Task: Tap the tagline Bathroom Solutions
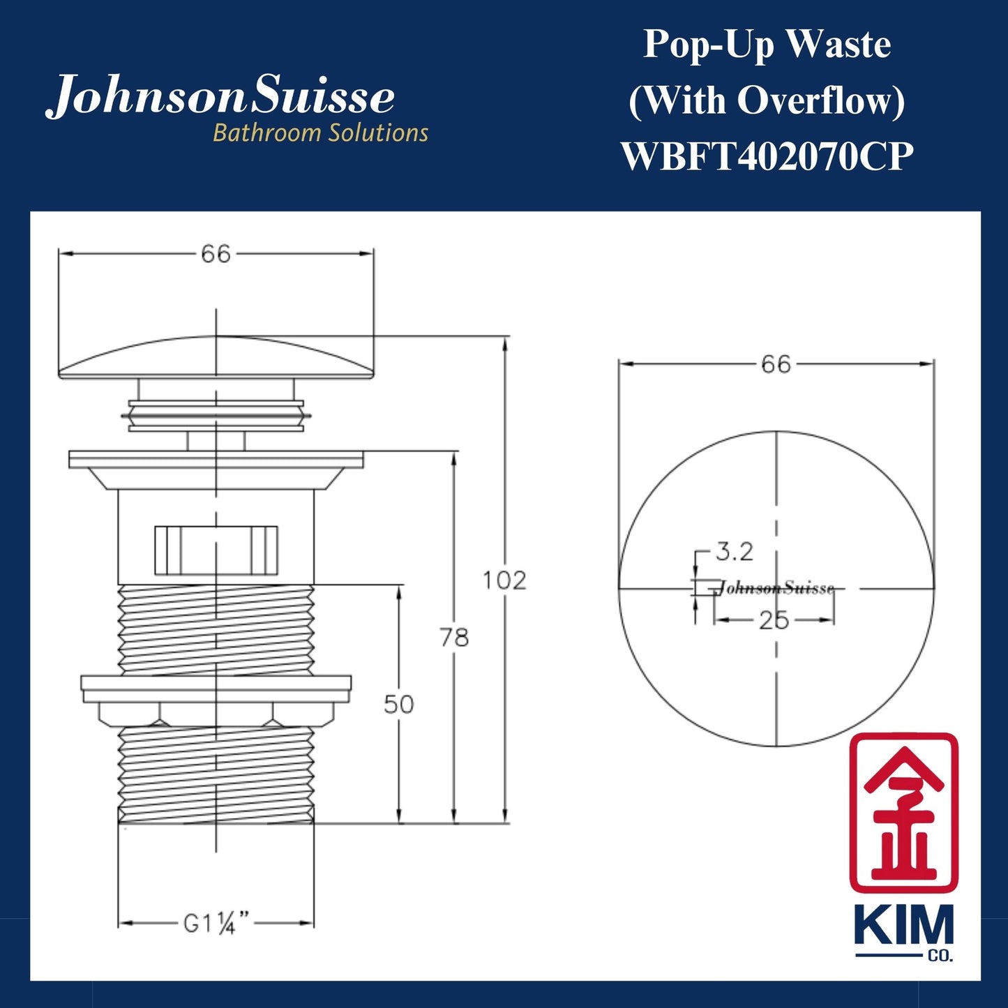click(320, 133)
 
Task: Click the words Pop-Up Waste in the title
click(767, 45)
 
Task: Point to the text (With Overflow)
click(767, 100)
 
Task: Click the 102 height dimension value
click(504, 580)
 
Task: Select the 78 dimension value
click(454, 637)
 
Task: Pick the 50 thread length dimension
click(399, 705)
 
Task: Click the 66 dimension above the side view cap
click(216, 254)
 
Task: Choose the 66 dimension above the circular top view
click(776, 364)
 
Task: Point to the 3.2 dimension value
click(735, 552)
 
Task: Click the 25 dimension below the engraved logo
click(774, 620)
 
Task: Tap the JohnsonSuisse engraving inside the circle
click(776, 588)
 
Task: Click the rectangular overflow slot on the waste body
click(216, 550)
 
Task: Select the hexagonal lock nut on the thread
click(216, 713)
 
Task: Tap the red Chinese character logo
click(903, 813)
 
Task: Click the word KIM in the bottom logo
click(903, 926)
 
